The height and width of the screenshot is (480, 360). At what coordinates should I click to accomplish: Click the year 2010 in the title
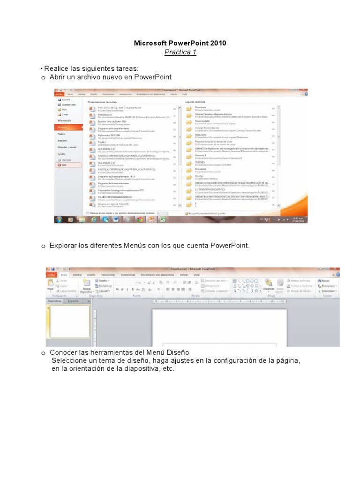218,43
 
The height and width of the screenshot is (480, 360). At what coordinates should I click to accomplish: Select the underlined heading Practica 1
180,52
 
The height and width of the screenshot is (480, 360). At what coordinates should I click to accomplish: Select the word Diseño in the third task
176,352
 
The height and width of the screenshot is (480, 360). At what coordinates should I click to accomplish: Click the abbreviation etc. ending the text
168,369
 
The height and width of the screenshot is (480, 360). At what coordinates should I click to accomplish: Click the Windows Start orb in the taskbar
60,219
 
